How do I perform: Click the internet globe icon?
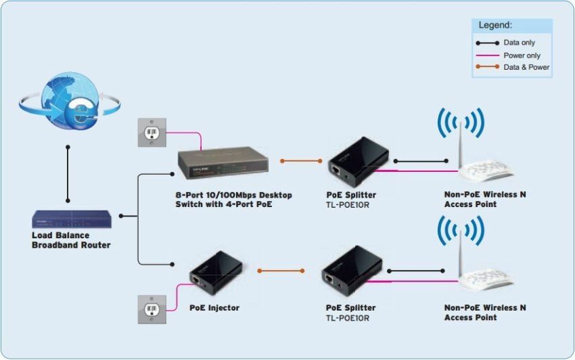(x=70, y=102)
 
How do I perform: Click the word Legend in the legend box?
(x=496, y=25)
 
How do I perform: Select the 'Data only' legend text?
(x=520, y=43)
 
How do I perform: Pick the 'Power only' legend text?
(x=522, y=55)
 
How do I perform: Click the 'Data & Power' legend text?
(x=526, y=68)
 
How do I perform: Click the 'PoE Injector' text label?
(x=214, y=308)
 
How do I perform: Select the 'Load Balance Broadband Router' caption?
(x=70, y=240)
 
